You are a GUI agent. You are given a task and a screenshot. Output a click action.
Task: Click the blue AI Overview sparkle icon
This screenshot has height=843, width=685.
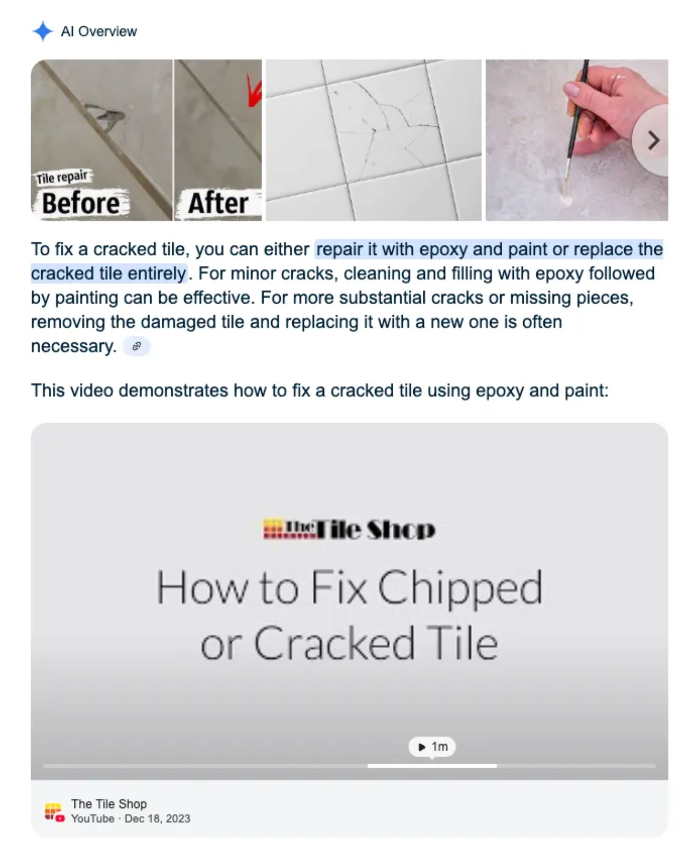43,31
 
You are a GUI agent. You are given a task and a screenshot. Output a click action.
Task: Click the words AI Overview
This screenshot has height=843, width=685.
99,31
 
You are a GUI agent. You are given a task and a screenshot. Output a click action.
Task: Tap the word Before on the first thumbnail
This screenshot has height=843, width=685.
81,204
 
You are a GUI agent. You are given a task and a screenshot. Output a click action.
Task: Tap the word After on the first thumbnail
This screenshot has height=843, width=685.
218,204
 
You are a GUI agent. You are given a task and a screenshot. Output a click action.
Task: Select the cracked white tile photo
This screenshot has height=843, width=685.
373,140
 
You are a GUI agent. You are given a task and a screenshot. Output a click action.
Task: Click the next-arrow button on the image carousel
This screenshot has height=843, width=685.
653,141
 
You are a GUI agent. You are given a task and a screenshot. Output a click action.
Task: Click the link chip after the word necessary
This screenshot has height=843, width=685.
137,346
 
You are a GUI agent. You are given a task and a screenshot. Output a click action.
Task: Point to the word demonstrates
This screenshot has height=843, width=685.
173,391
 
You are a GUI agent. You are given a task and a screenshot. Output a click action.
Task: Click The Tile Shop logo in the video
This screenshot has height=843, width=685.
349,529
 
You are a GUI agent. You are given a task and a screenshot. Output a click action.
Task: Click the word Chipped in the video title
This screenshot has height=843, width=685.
460,588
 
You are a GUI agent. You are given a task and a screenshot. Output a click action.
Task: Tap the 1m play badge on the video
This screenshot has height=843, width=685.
432,747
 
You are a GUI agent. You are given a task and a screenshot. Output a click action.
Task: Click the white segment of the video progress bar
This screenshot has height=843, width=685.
432,766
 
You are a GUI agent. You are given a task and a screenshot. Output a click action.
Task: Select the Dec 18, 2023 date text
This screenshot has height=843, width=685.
158,819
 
